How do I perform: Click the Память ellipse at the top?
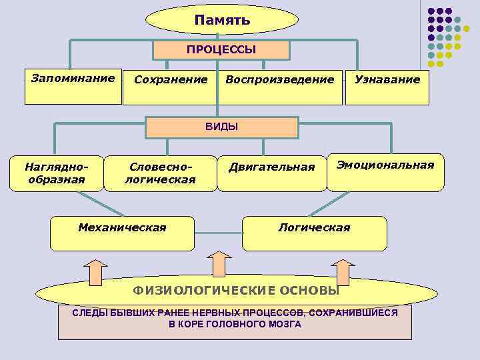223,20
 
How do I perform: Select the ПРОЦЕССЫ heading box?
221,50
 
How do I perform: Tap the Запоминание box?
73,86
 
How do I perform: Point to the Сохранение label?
171,80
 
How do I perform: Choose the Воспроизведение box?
280,86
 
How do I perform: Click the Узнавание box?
387,86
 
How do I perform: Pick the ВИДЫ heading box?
221,127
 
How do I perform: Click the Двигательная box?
271,173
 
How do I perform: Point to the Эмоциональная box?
385,172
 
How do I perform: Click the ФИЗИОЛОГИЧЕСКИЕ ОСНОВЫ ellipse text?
235,291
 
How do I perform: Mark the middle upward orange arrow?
218,264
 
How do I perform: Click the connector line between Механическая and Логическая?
218,233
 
